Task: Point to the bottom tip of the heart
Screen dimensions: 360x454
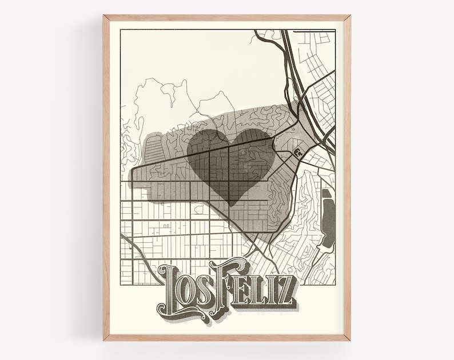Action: click(231, 206)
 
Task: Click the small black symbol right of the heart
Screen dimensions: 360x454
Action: click(298, 153)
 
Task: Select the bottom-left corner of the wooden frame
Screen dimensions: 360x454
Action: click(104, 341)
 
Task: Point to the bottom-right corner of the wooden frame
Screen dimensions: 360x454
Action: click(350, 341)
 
